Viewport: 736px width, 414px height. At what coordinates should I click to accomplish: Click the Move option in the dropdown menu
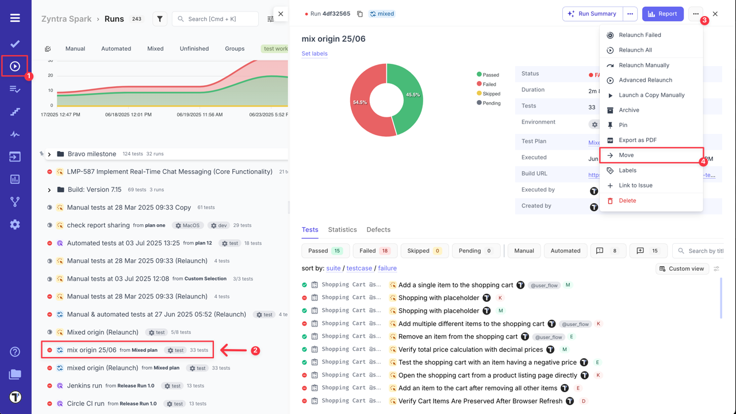(x=626, y=155)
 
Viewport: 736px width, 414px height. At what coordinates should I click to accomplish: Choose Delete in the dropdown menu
(x=627, y=201)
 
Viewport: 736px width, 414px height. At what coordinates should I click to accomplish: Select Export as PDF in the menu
(x=637, y=140)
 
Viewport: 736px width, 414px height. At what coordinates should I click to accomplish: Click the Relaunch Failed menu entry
(x=639, y=35)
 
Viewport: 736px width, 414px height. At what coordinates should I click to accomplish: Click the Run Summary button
(x=592, y=14)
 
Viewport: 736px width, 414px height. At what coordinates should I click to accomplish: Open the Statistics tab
(x=342, y=229)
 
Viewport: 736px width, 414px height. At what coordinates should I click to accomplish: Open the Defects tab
(x=378, y=229)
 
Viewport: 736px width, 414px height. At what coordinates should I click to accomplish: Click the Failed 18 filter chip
(x=374, y=251)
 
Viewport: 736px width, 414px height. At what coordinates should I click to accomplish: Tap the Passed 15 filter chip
(x=325, y=251)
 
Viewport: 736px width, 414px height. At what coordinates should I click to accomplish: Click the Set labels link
(x=315, y=53)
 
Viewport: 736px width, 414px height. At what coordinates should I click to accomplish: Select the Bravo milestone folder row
(x=92, y=154)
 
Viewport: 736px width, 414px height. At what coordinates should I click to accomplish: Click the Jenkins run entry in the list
(x=85, y=386)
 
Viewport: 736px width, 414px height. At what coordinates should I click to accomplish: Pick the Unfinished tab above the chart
(x=194, y=49)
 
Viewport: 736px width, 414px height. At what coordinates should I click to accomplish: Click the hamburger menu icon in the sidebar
(x=15, y=18)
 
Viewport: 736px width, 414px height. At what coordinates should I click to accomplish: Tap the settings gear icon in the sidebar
(x=15, y=225)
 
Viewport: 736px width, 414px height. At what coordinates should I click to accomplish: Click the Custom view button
(x=681, y=269)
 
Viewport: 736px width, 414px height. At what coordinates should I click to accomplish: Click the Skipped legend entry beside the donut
(x=490, y=94)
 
